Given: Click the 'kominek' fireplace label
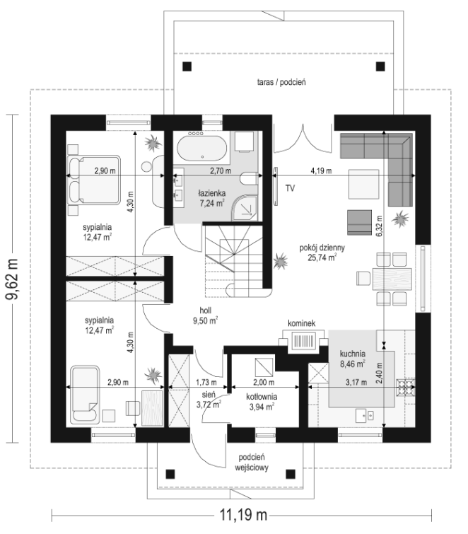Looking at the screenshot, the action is (x=301, y=323).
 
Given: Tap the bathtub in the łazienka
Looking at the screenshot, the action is (x=201, y=148).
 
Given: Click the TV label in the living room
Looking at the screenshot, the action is (x=290, y=188).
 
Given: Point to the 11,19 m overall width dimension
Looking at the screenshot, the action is (x=242, y=514).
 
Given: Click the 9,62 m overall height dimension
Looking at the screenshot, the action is (x=13, y=279).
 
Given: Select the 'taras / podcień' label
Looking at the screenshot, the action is (x=281, y=82).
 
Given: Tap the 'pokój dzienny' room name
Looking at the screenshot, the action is (x=322, y=248).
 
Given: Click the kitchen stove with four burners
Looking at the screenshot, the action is (x=406, y=388).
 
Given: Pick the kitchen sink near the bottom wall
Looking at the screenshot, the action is (x=365, y=415).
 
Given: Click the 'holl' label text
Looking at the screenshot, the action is (x=206, y=310).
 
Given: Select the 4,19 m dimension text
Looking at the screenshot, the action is (x=321, y=170).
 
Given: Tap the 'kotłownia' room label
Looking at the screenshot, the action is (x=262, y=397).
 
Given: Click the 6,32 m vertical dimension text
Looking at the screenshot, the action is (x=379, y=226).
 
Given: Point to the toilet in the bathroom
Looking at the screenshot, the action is (x=248, y=179).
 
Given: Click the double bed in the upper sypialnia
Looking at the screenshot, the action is (x=94, y=180).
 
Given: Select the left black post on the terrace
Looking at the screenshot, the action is (x=187, y=66).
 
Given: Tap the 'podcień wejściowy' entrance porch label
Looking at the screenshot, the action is (x=252, y=462).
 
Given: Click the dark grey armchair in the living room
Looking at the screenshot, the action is (x=359, y=222).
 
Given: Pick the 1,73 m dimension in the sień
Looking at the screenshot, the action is (x=206, y=383).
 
